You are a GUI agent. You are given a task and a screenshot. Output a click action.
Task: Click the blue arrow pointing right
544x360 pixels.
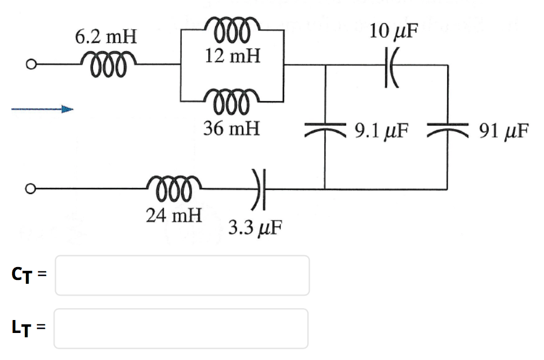43,110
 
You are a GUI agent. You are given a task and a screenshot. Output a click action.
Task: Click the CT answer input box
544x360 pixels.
182,276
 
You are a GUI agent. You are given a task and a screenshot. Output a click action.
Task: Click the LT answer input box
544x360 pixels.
181,328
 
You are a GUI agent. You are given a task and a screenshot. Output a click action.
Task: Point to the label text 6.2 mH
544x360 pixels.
106,38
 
